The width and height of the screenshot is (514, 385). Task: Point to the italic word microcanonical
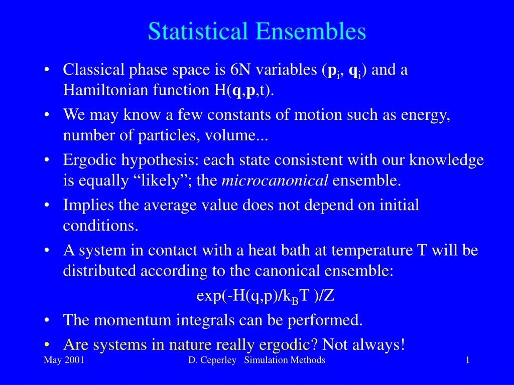tap(275, 180)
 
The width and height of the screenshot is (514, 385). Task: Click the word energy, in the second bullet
tap(425, 115)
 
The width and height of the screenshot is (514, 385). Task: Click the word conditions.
tap(100, 226)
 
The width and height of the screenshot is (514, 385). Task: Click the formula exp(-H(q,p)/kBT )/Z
tap(265, 296)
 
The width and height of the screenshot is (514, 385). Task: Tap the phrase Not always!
tap(363, 344)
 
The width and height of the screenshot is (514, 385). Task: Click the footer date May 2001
tap(64, 360)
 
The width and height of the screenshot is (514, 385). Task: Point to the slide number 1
tap(467, 360)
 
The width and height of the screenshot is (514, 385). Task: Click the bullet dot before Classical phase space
tap(46, 70)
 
